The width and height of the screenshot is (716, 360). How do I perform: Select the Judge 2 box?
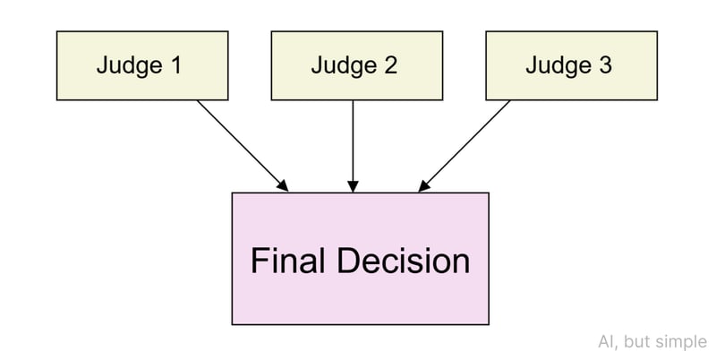point(354,65)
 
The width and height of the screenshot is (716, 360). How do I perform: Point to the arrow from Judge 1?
point(242,144)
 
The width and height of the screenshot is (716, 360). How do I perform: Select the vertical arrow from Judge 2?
point(354,143)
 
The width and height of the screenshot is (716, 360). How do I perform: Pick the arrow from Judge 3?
point(465,144)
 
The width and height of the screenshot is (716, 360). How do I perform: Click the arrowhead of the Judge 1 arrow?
point(283,186)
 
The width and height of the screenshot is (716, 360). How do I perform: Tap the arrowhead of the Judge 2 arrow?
point(354,186)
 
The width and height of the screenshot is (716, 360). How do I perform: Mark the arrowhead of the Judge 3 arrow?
point(424,186)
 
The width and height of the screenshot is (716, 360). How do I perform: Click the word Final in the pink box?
point(288,261)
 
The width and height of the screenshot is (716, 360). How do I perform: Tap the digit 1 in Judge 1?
point(175,65)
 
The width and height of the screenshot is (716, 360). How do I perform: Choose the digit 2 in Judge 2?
point(390,65)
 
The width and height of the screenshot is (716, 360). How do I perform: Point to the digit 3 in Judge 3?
point(607,65)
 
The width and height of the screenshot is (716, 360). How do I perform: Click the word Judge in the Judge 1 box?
point(127,65)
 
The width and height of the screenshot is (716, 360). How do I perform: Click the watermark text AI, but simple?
point(652,342)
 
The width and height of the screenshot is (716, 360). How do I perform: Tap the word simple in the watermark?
point(686,342)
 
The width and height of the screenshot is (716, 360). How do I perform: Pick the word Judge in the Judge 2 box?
point(342,65)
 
